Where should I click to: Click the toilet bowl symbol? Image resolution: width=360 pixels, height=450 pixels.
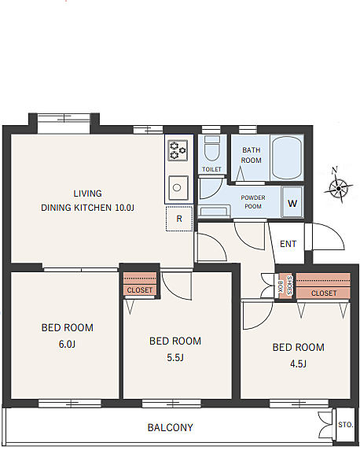212,149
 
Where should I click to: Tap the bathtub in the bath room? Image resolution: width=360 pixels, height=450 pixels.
287,157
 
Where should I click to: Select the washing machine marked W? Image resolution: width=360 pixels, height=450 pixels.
292,201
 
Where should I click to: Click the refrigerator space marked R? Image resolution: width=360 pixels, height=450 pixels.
179,219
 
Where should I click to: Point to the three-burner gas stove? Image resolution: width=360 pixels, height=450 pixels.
178,150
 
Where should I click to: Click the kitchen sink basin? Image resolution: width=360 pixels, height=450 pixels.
178,188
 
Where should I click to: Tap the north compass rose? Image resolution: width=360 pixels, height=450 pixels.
339,186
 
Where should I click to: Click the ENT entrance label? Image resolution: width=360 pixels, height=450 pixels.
288,244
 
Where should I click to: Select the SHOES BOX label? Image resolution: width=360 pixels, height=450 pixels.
285,286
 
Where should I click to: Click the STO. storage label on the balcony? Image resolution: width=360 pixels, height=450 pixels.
345,425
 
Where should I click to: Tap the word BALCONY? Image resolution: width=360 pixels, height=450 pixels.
171,428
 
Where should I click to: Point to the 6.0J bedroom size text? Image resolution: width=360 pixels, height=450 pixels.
67,344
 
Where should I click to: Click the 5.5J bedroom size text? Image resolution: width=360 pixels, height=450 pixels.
175,358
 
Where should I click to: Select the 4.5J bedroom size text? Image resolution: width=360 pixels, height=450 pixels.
299,364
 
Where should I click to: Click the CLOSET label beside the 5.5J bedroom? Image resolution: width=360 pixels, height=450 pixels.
140,290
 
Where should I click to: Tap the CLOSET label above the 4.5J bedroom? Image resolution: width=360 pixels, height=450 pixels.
324,293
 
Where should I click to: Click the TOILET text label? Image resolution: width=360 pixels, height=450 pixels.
211,169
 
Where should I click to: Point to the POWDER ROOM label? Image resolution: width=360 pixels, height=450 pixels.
253,202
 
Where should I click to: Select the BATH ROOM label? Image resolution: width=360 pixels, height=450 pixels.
252,155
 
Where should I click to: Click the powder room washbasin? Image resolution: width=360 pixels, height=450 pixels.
215,211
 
